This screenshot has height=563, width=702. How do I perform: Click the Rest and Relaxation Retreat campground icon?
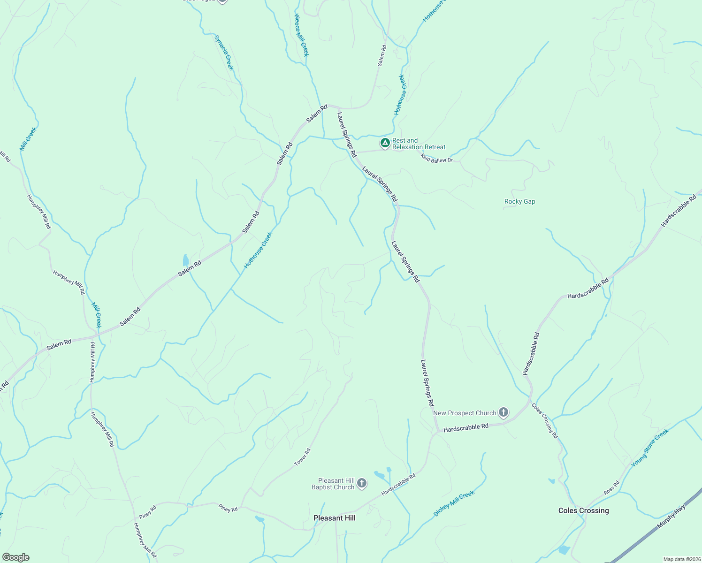[385, 143]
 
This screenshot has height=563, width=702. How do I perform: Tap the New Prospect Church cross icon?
[503, 413]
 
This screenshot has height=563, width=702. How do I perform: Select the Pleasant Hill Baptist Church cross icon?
[361, 483]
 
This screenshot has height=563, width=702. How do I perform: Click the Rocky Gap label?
[519, 202]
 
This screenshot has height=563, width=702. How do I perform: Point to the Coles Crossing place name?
[583, 510]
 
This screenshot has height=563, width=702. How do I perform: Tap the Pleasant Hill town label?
[334, 518]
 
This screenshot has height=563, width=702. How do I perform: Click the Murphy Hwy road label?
[671, 516]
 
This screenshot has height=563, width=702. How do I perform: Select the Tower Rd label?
[302, 457]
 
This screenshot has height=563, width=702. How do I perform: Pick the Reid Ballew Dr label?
[436, 158]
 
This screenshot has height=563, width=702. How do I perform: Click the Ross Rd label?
[611, 487]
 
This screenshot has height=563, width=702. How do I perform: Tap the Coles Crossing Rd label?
[544, 420]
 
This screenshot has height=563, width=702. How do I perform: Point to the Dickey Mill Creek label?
[454, 503]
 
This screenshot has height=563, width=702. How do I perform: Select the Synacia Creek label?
[223, 52]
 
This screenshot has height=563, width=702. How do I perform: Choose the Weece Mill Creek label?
[301, 35]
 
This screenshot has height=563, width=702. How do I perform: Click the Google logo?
[16, 557]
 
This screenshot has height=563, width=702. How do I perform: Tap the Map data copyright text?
[682, 559]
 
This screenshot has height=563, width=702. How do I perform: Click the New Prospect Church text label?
[465, 413]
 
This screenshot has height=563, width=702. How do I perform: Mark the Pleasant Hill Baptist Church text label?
[333, 484]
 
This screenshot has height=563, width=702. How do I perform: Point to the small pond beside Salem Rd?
[185, 260]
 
